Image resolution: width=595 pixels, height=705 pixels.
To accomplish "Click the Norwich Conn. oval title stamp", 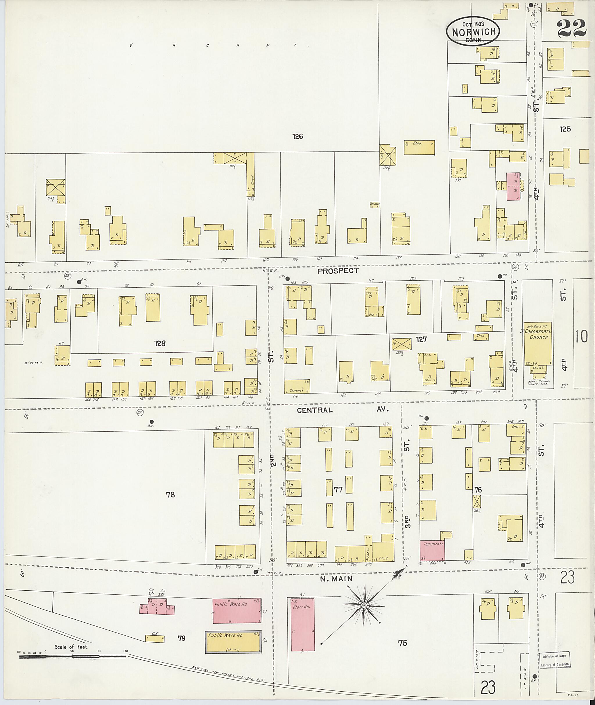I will (473, 31).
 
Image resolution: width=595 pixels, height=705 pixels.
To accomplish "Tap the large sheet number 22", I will (572, 28).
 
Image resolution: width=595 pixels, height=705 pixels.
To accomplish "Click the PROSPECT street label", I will (338, 271).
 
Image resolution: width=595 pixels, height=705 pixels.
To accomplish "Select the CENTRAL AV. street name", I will (343, 410).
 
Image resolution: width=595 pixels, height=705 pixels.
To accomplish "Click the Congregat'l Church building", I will (538, 343).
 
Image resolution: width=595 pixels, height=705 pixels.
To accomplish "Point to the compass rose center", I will (364, 605).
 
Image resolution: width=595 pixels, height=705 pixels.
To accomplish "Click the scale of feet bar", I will (73, 657).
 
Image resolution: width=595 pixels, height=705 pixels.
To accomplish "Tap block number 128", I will (160, 343).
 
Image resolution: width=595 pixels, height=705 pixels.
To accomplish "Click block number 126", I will (298, 136).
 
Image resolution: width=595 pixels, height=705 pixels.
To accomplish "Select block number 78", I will (170, 495).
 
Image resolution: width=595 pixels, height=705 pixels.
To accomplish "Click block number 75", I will (402, 643).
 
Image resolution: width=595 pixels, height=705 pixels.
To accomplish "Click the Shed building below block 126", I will (419, 148).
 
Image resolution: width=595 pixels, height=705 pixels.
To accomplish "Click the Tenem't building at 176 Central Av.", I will (297, 387).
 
